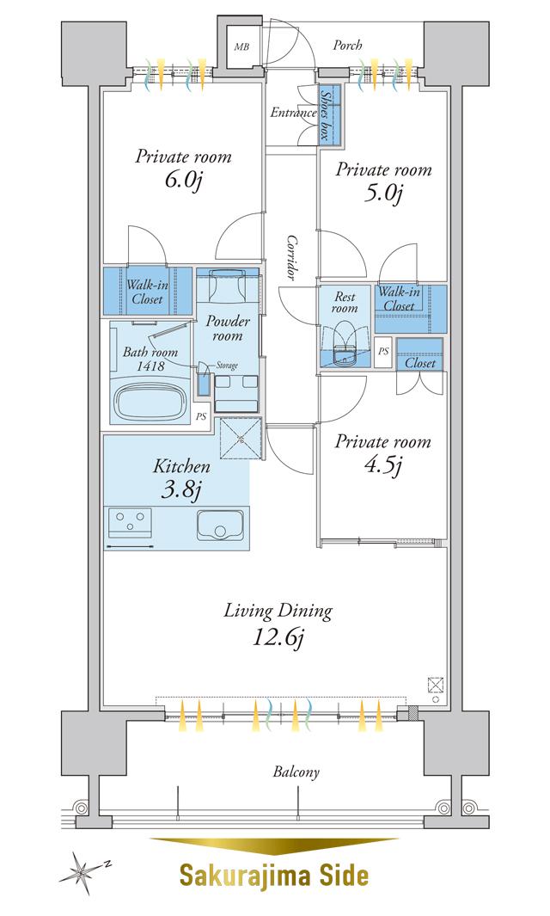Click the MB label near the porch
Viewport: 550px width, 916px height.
click(241, 46)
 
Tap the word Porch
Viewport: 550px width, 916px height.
click(347, 45)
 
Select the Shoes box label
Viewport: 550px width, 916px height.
click(325, 115)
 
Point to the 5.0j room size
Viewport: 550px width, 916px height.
click(383, 194)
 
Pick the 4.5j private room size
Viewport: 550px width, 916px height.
click(383, 465)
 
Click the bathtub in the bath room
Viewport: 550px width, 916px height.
click(151, 403)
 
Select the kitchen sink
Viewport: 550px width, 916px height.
click(219, 525)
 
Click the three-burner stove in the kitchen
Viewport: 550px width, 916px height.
click(131, 522)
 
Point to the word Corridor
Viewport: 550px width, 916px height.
click(291, 258)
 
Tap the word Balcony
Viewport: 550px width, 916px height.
click(296, 772)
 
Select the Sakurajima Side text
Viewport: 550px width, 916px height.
click(274, 875)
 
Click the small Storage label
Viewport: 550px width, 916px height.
click(227, 366)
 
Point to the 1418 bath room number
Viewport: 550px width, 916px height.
click(150, 366)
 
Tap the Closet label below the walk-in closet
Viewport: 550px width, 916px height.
click(420, 363)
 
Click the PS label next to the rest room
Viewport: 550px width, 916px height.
click(383, 352)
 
